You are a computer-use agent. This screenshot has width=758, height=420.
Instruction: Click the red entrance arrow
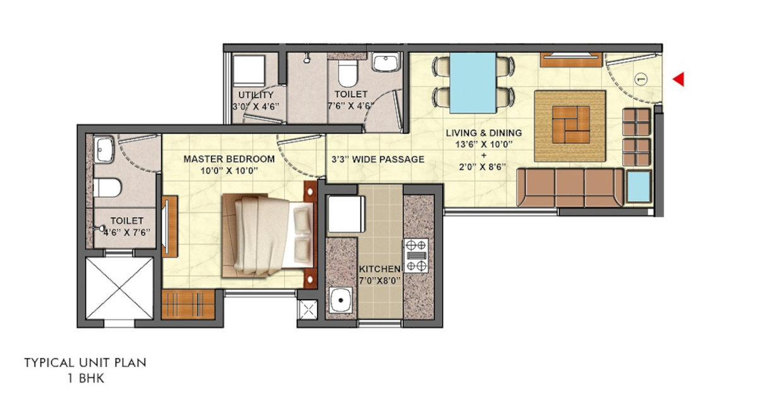(678, 79)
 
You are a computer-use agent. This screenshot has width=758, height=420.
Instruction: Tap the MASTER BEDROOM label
(229, 159)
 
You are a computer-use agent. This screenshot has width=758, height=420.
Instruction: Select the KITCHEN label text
(379, 268)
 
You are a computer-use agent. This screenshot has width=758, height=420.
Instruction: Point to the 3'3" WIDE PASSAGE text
(378, 160)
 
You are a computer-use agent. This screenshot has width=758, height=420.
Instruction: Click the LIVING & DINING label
(484, 133)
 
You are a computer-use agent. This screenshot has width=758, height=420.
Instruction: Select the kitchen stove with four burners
(416, 255)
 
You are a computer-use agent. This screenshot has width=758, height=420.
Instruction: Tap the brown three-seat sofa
(570, 187)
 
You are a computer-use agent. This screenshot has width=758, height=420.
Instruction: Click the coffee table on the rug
(570, 125)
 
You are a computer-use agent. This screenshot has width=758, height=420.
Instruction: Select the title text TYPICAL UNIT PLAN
(85, 363)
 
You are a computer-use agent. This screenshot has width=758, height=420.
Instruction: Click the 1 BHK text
(85, 379)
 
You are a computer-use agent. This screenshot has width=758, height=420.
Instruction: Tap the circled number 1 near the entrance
(639, 79)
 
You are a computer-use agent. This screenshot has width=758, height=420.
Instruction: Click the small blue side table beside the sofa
(639, 187)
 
